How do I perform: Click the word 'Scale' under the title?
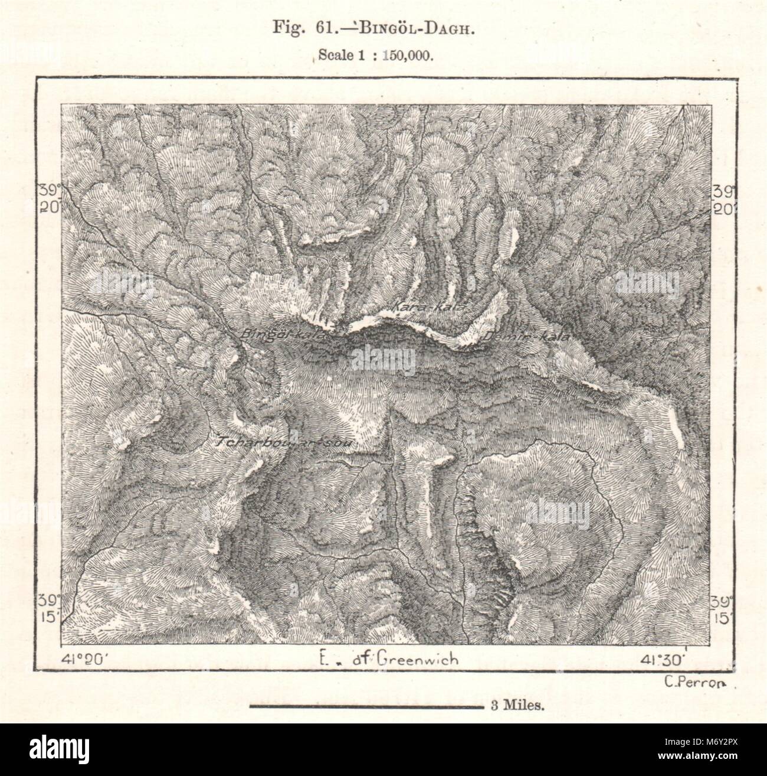334,56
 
